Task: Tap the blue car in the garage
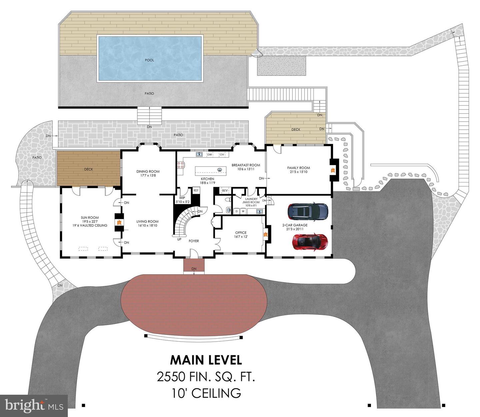[308, 211]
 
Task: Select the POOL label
[149, 60]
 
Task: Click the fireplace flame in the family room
[332, 170]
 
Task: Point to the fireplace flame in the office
[266, 234]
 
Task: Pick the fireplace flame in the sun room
[119, 222]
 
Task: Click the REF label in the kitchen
[196, 190]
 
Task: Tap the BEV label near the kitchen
[225, 191]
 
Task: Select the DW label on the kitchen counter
[210, 154]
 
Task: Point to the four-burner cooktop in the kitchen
[180, 164]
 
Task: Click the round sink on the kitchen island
[220, 169]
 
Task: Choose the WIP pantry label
[182, 198]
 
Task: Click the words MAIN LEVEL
[206, 360]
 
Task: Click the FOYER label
[194, 241]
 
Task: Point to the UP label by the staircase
[179, 240]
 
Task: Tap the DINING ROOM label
[148, 171]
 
